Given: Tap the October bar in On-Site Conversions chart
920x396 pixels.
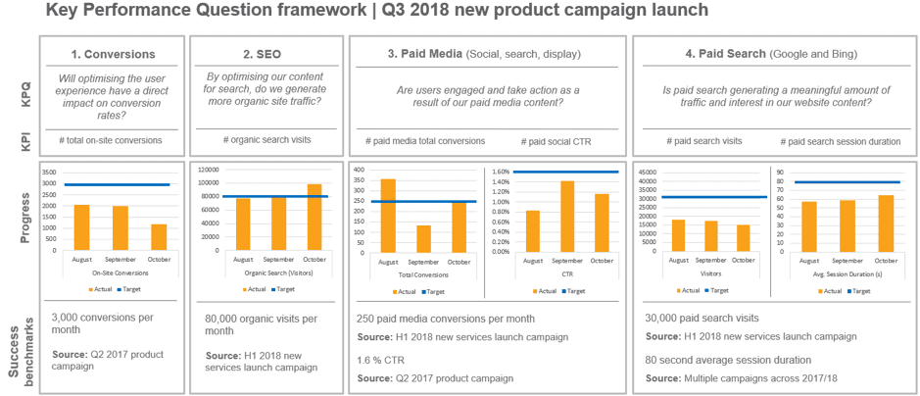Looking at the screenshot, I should tap(159, 237).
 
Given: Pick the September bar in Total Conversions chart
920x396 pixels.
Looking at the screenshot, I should tap(424, 238).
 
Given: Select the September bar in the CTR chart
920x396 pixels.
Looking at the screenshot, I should tap(567, 216).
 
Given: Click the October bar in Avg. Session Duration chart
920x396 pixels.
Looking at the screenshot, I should tap(885, 223).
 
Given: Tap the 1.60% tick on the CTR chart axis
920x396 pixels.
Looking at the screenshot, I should tap(499, 172).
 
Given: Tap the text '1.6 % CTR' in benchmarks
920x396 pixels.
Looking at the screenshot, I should tap(382, 360).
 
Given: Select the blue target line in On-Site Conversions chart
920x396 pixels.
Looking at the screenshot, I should tap(118, 185).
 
